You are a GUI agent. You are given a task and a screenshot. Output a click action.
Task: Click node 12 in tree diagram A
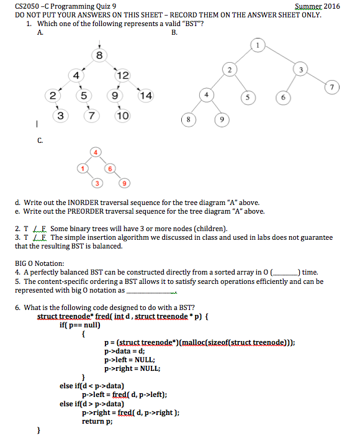tap(122, 76)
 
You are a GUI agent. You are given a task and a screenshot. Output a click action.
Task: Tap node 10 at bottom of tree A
tap(122, 116)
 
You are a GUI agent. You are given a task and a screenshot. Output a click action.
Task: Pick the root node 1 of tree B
tap(258, 45)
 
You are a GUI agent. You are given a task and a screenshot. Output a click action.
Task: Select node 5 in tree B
tap(248, 98)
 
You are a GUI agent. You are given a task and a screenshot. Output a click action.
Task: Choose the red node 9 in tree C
tap(125, 183)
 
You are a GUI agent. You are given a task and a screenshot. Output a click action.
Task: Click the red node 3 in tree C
tap(96, 183)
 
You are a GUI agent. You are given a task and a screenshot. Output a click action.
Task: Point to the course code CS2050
tap(28, 6)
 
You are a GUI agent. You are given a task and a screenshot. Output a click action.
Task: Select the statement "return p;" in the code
tap(97, 421)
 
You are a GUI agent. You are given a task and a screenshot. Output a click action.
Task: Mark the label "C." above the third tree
tap(40, 141)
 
